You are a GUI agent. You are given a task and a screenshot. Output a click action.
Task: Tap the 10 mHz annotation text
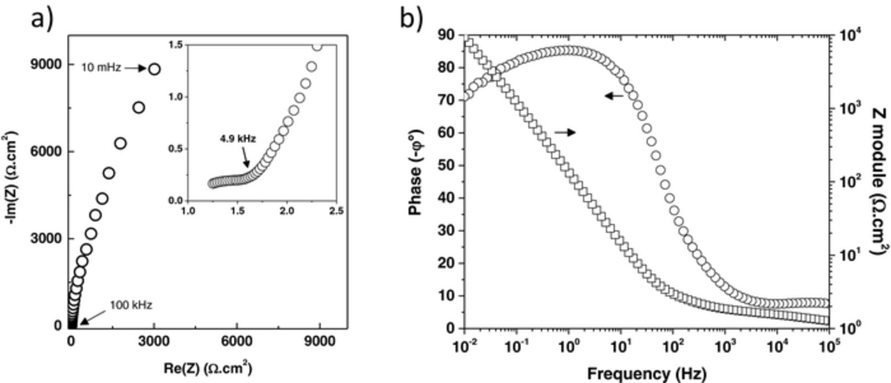click(101, 68)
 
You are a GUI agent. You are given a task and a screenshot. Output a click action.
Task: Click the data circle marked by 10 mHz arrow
click(154, 69)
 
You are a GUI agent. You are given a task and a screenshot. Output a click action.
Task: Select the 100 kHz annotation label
click(131, 305)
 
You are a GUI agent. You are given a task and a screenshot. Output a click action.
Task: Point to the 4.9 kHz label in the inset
click(238, 139)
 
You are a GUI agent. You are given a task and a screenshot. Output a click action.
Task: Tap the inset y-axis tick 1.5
click(175, 45)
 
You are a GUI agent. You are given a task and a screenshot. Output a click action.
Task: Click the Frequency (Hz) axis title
click(646, 374)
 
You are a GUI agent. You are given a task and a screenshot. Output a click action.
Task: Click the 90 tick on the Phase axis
click(446, 35)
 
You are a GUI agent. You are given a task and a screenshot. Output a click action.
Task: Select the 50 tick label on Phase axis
click(446, 165)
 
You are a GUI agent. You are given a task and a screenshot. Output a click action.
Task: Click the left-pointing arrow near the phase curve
click(614, 96)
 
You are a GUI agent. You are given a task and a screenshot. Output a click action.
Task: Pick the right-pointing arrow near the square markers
click(565, 132)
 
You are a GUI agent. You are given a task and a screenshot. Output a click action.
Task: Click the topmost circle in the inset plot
click(317, 46)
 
